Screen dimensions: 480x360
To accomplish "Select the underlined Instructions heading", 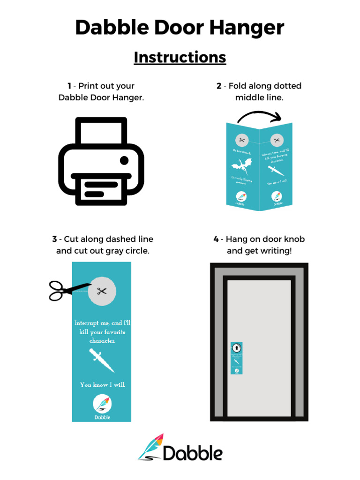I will (x=180, y=57).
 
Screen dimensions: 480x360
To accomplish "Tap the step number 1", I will (x=69, y=86).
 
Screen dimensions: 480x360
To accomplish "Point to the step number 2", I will (x=219, y=86).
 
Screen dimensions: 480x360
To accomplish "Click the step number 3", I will (x=54, y=239).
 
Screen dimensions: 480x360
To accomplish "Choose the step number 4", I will (x=216, y=239).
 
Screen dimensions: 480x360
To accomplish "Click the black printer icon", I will (x=101, y=161).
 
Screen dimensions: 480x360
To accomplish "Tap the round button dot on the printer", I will (x=124, y=161).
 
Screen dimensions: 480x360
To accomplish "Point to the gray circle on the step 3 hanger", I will (x=102, y=291).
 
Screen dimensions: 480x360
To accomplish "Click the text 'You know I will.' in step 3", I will (x=102, y=385).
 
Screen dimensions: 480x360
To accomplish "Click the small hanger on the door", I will (x=237, y=358).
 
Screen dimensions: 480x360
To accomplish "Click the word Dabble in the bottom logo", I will (x=193, y=453).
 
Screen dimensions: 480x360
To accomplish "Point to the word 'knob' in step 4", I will (x=292, y=239).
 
